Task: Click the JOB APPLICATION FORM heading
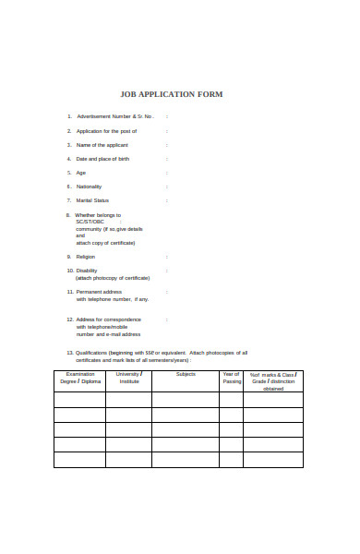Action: click(x=172, y=94)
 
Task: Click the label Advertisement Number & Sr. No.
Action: click(x=114, y=116)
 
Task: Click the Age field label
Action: click(x=81, y=173)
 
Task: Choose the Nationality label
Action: click(x=89, y=187)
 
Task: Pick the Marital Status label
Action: click(x=92, y=200)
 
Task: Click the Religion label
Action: click(x=86, y=257)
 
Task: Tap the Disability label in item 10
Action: click(x=87, y=271)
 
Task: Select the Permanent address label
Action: click(x=99, y=292)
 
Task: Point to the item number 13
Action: click(x=70, y=353)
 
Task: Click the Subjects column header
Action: click(x=186, y=375)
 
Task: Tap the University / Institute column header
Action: click(x=128, y=378)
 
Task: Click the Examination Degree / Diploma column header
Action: click(x=79, y=378)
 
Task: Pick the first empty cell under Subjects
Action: click(x=186, y=400)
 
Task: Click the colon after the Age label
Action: click(x=166, y=173)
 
